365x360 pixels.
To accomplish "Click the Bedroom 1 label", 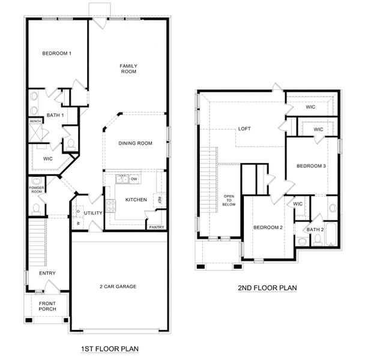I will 57,54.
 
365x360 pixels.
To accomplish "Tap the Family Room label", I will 128,68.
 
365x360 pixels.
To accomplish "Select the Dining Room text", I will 135,143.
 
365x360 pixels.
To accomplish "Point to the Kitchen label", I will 136,199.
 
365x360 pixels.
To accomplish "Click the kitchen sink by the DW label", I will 122,179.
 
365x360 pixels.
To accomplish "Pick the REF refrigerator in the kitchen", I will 159,200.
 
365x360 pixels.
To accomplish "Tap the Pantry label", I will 157,227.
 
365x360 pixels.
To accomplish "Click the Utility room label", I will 94,213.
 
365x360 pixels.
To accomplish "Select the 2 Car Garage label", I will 118,286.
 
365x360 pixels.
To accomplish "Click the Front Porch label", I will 47,307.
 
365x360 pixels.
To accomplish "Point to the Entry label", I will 47,273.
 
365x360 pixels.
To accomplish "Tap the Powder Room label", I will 37,189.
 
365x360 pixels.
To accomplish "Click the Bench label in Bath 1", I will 35,121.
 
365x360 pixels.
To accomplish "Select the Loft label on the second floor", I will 244,128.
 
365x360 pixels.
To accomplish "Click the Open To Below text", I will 229,200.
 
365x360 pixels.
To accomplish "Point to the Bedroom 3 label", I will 310,166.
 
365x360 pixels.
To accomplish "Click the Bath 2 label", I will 315,229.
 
